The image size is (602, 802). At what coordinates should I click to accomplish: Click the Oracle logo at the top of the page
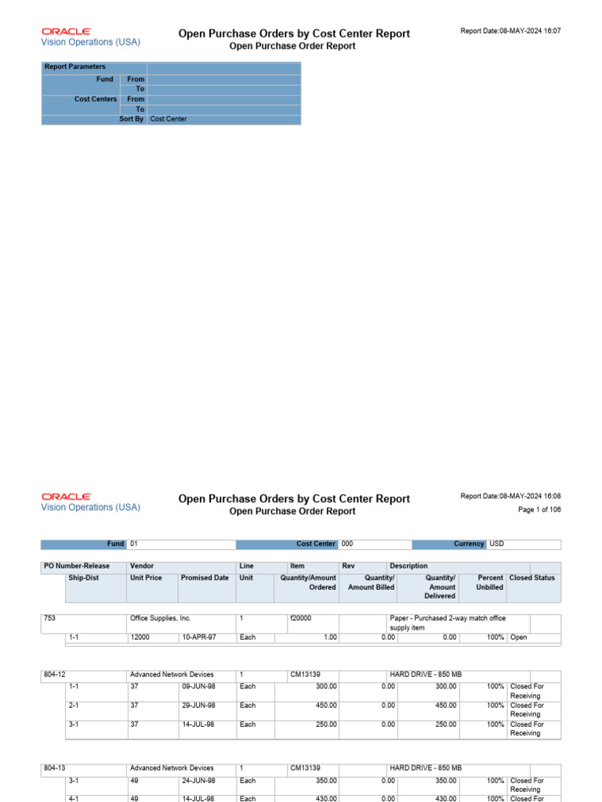click(66, 31)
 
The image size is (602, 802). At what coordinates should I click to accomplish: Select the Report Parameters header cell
click(75, 67)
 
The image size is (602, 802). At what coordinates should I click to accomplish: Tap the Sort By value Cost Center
click(169, 120)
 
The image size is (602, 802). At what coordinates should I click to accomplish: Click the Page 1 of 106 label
click(539, 510)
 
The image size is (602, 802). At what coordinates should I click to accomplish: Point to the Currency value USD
click(497, 544)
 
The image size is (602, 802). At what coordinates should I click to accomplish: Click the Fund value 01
click(134, 544)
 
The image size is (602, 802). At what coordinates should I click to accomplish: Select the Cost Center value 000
click(348, 544)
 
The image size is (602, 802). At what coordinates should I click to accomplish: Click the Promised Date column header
click(205, 578)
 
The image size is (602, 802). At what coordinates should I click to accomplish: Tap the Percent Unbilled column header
click(490, 583)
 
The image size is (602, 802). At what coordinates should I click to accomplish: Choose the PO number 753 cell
click(50, 619)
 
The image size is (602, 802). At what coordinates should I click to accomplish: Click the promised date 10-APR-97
click(199, 638)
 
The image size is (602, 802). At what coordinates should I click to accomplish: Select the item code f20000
click(301, 619)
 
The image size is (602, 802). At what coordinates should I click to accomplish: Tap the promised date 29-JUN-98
click(199, 706)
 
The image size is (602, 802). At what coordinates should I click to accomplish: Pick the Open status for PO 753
click(519, 638)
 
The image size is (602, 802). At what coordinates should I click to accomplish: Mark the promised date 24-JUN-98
click(199, 781)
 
